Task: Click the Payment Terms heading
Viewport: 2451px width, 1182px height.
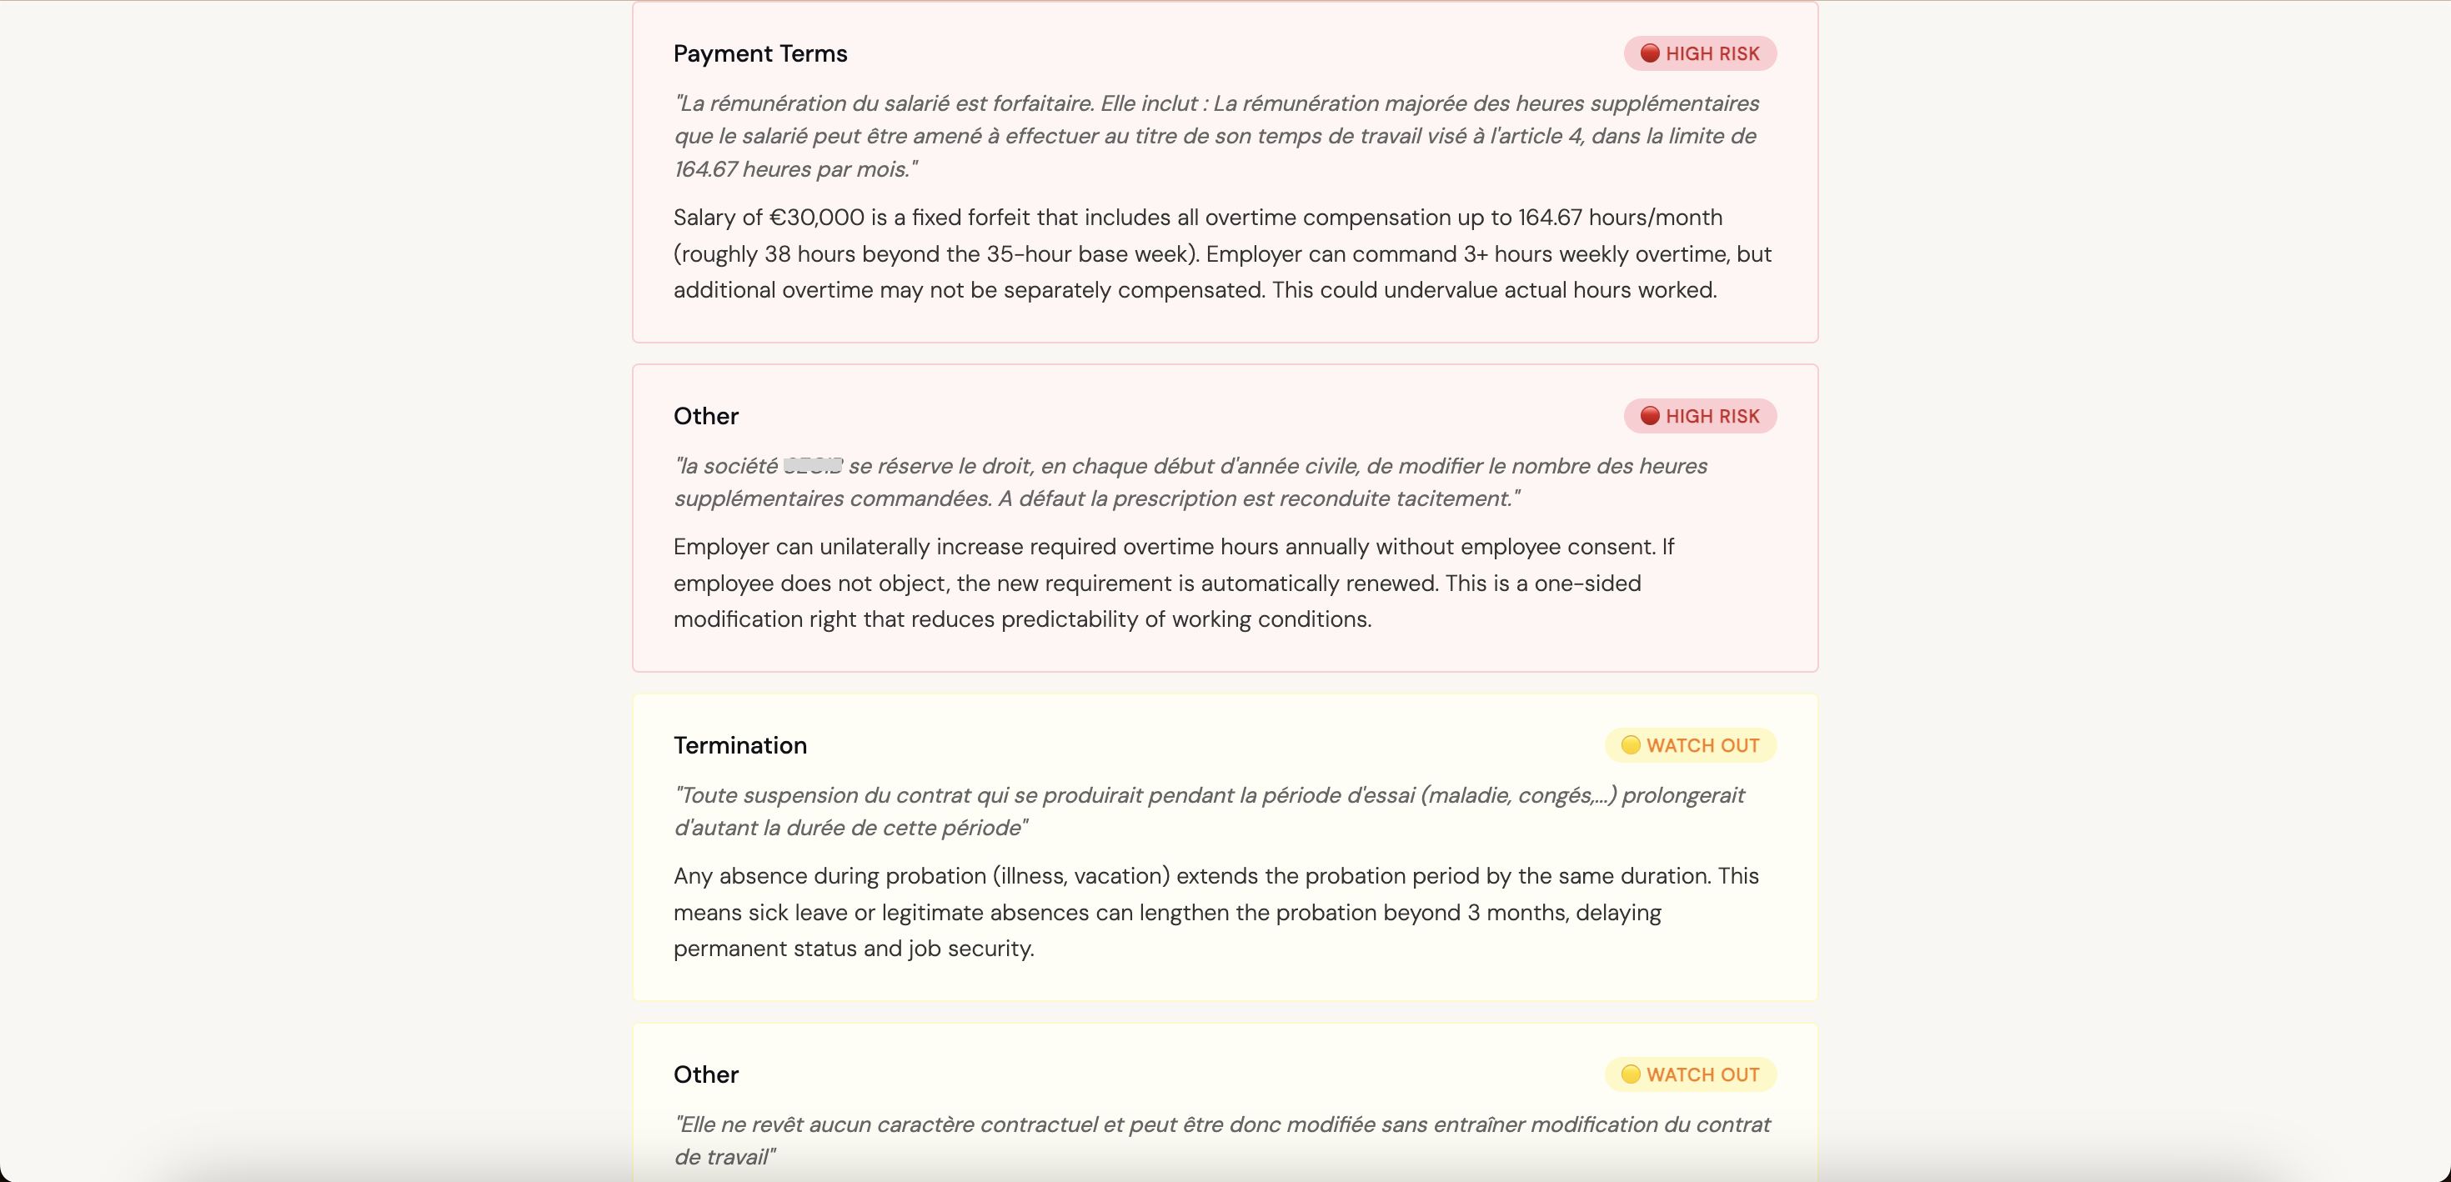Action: [x=759, y=54]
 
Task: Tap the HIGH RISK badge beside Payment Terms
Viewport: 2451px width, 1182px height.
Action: [x=1699, y=54]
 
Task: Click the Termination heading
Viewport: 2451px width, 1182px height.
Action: [x=739, y=745]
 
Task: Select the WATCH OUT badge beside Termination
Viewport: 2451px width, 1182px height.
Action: [x=1690, y=745]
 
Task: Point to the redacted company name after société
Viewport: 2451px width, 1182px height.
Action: [x=813, y=466]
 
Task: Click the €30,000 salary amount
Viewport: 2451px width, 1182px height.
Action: [x=815, y=218]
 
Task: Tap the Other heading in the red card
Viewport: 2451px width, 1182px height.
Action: [x=705, y=416]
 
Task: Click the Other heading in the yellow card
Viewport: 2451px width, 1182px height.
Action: [x=705, y=1074]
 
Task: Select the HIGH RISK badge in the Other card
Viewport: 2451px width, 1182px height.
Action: [x=1699, y=416]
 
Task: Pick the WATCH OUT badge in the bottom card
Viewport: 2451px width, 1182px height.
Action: [x=1690, y=1074]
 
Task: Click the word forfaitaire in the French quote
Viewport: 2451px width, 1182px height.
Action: [x=1043, y=103]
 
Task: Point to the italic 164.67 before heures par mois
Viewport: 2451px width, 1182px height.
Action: [x=705, y=169]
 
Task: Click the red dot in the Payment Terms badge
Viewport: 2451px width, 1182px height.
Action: [x=1650, y=54]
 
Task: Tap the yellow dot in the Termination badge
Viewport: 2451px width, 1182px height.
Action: [x=1630, y=745]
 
